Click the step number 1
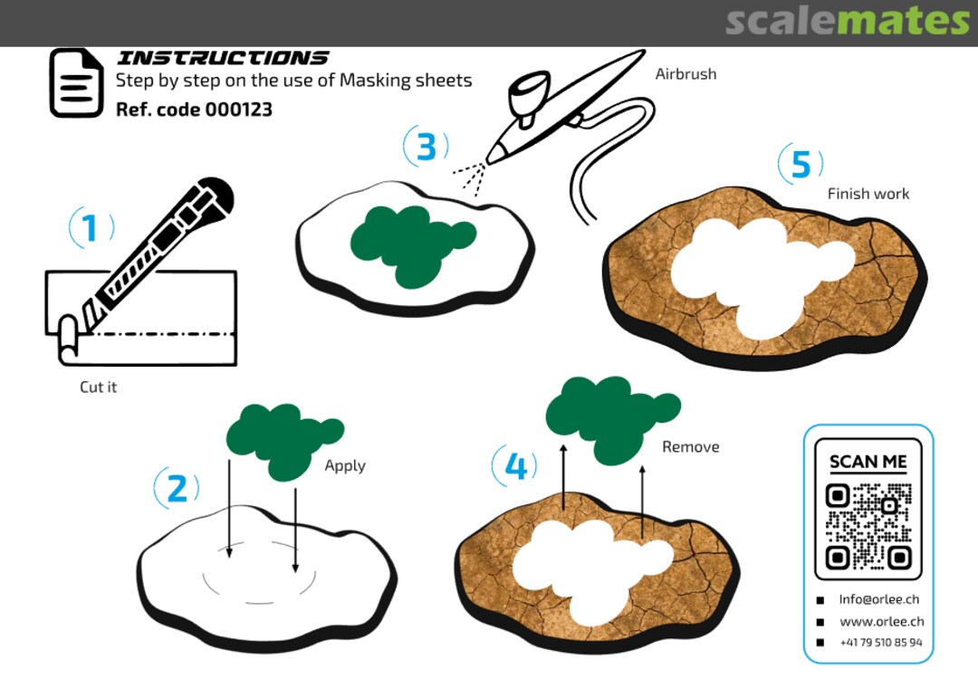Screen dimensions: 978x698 point(90,227)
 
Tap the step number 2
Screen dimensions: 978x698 point(177,488)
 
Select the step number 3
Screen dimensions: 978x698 point(426,148)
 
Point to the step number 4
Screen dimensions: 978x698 point(515,466)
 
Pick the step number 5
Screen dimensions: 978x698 point(801,165)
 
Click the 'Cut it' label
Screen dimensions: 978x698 point(98,387)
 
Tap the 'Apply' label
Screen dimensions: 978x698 point(345,466)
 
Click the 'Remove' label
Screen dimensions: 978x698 point(690,446)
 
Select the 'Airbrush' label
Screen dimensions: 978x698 point(686,73)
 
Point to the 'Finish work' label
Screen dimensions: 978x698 point(868,194)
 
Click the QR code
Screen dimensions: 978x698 point(868,527)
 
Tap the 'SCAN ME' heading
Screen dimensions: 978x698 point(868,463)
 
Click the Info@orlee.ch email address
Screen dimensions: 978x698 point(878,599)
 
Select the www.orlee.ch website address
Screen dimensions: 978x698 point(881,621)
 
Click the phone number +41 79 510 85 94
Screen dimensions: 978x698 point(881,643)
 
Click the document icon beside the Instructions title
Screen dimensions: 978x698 point(76,83)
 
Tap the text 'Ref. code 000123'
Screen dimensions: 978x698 point(194,110)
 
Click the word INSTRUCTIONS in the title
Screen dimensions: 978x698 point(223,58)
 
